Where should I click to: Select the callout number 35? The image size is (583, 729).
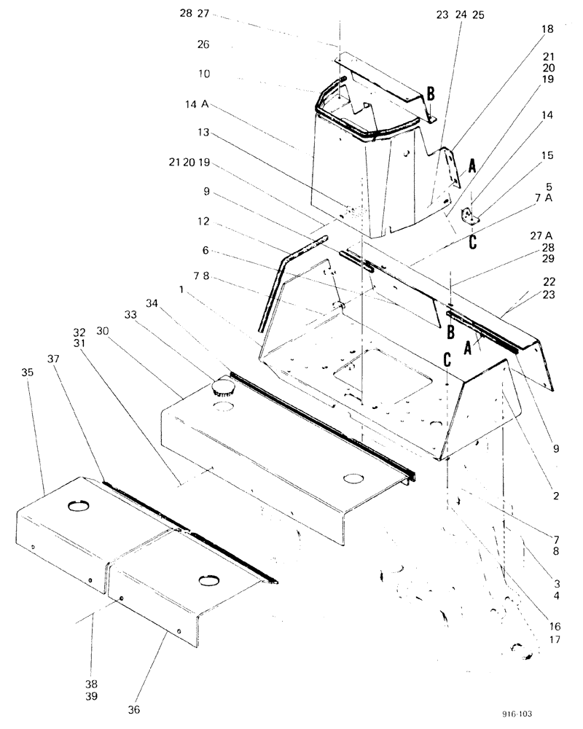coord(28,371)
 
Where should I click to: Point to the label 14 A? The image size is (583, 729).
coord(197,105)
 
